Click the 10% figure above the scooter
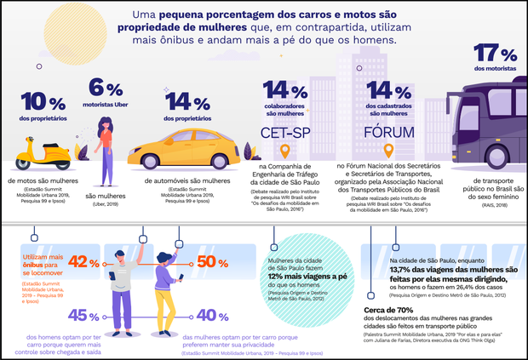coord(37,100)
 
